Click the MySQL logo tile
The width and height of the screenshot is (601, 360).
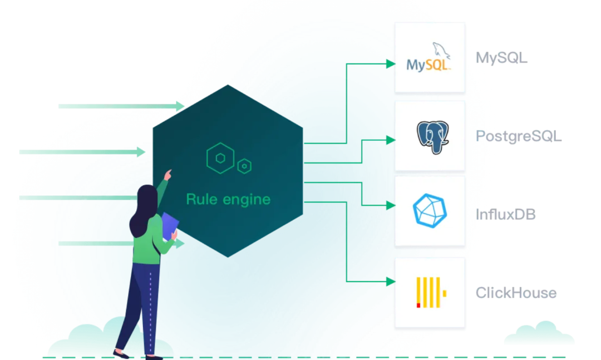tap(429, 57)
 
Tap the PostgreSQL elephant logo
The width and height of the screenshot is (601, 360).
tap(432, 136)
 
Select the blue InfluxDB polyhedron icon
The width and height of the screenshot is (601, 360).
tap(430, 211)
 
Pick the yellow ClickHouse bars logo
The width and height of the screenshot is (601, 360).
tap(430, 293)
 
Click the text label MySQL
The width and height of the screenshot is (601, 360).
tap(501, 57)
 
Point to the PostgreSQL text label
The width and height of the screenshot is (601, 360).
tap(518, 136)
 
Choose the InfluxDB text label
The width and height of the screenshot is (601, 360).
tap(505, 214)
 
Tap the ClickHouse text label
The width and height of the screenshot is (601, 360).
tap(515, 293)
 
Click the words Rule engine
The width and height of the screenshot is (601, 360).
tap(228, 199)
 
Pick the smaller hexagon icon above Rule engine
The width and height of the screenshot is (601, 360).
tap(244, 166)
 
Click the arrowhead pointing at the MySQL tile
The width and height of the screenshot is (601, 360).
tap(391, 63)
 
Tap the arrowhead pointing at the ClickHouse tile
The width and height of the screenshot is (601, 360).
tap(391, 282)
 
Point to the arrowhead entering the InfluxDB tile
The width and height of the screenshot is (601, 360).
tap(391, 205)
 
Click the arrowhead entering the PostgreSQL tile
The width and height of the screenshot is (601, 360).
tap(391, 140)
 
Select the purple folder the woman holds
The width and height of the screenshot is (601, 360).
tap(170, 226)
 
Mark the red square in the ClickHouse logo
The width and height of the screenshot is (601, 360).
tap(418, 305)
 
